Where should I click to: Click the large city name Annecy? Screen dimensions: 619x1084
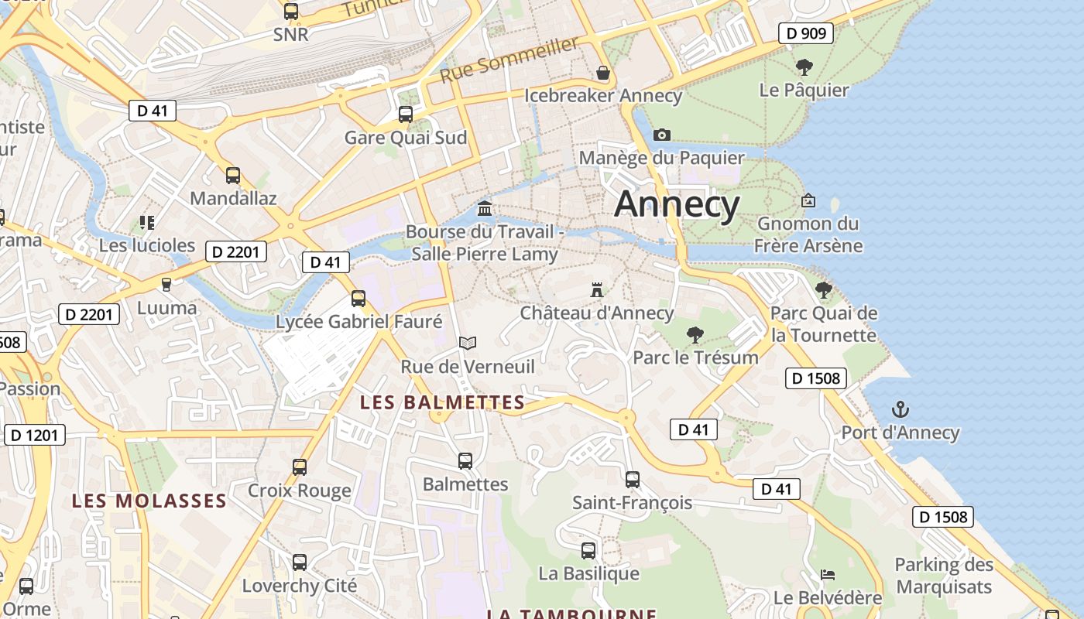tap(677, 204)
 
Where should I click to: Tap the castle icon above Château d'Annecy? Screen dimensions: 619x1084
tap(597, 290)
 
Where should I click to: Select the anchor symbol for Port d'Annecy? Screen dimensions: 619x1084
tap(900, 409)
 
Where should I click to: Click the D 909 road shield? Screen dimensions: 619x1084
tap(806, 33)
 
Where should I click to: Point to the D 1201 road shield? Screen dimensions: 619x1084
tap(35, 435)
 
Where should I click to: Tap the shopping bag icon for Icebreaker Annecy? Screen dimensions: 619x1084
tap(603, 73)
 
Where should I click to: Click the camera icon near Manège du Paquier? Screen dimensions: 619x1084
tap(661, 135)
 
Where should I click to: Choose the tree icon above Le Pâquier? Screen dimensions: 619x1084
tap(804, 67)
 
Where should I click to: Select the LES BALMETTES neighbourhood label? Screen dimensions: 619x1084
tap(443, 402)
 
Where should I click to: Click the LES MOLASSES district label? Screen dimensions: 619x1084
tap(149, 501)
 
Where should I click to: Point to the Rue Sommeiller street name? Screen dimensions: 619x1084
tap(509, 60)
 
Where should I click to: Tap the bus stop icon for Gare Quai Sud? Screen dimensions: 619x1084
tap(406, 115)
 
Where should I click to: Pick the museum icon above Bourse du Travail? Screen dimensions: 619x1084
tap(485, 208)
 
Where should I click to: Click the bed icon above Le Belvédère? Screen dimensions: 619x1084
tap(828, 575)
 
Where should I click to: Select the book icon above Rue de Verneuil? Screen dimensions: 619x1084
tap(468, 342)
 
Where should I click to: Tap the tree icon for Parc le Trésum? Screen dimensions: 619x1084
tap(695, 335)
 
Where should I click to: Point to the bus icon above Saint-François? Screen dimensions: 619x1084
tap(633, 479)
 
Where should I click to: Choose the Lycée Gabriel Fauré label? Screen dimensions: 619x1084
tap(359, 322)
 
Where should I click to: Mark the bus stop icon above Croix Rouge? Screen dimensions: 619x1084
tap(300, 467)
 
